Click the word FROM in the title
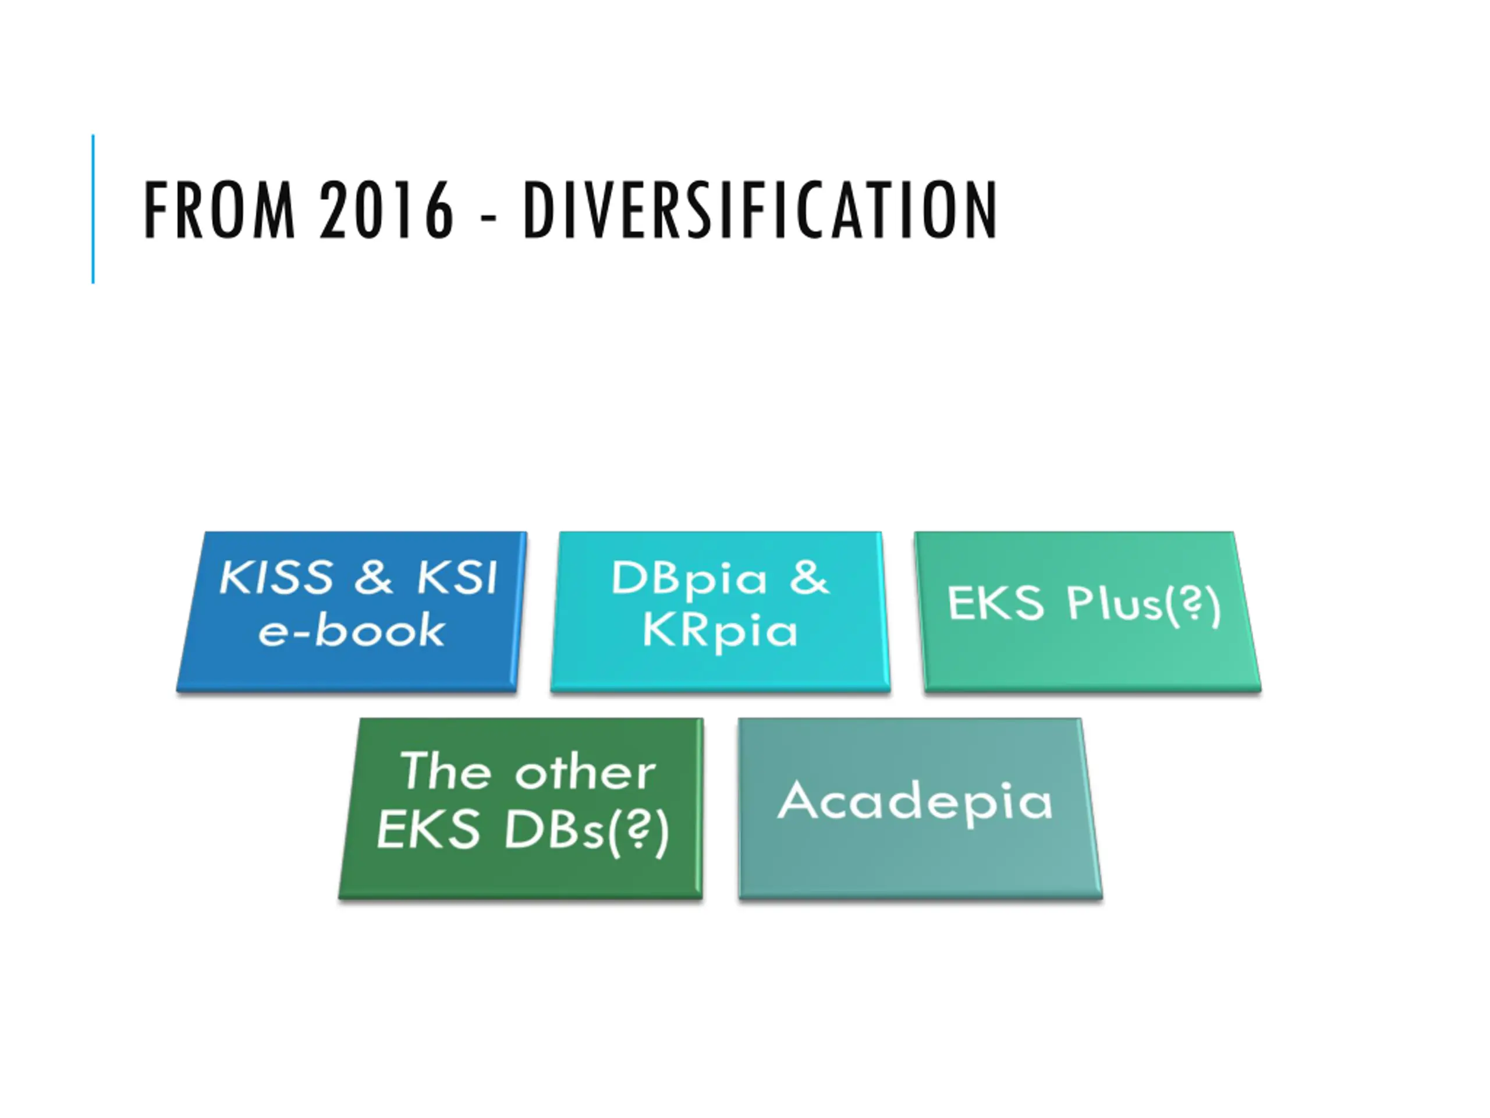[219, 210]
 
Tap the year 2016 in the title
[386, 210]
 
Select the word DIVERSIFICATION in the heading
[760, 210]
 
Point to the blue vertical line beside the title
[93, 209]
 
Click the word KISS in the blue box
[276, 578]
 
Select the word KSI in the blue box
[457, 578]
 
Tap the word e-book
[352, 631]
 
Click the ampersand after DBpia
[808, 578]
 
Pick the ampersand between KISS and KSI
[372, 578]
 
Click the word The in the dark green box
[445, 771]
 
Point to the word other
[586, 772]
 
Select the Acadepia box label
[915, 802]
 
